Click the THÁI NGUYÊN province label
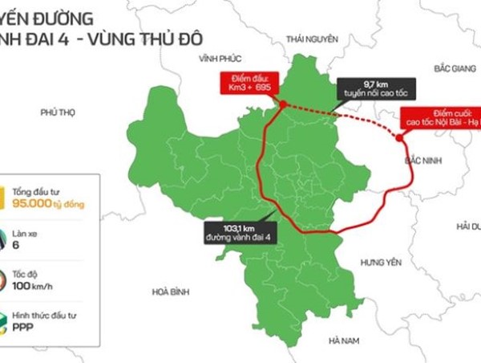pos(312,39)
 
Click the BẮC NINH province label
pos(425,161)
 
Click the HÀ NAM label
pos(346,341)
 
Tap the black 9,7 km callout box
pos(376,88)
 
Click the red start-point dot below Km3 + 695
pos(283,103)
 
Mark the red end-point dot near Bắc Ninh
pos(400,137)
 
